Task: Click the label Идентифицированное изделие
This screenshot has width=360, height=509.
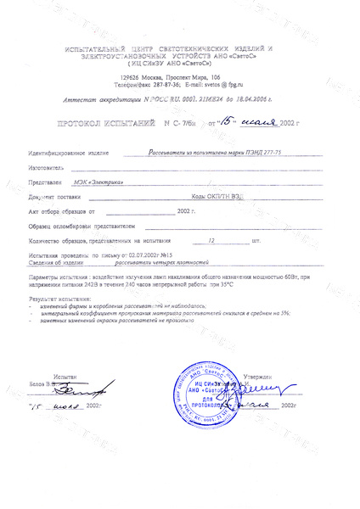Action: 69,154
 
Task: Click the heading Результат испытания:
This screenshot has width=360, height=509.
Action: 59,299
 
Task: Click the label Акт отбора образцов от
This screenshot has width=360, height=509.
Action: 62,210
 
